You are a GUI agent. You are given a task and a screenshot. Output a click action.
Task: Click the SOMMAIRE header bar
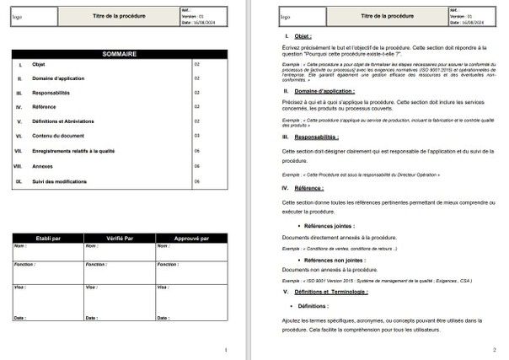click(119, 53)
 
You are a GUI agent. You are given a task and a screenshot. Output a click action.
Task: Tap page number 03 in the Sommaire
click(196, 136)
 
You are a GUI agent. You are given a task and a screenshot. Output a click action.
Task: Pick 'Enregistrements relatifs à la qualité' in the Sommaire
click(73, 152)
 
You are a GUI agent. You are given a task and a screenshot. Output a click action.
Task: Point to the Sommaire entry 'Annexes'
click(42, 166)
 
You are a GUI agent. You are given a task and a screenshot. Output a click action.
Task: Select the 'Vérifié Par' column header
click(119, 238)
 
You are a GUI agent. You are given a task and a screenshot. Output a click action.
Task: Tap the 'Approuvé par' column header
click(190, 238)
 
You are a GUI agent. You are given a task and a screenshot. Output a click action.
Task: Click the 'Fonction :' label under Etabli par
click(25, 264)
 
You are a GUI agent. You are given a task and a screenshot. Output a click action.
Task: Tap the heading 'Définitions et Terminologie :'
click(331, 291)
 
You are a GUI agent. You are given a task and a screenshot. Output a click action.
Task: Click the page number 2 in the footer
click(494, 349)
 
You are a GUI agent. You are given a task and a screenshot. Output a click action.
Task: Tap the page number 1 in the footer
click(225, 349)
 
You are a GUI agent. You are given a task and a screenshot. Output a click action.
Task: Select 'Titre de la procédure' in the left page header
click(119, 16)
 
